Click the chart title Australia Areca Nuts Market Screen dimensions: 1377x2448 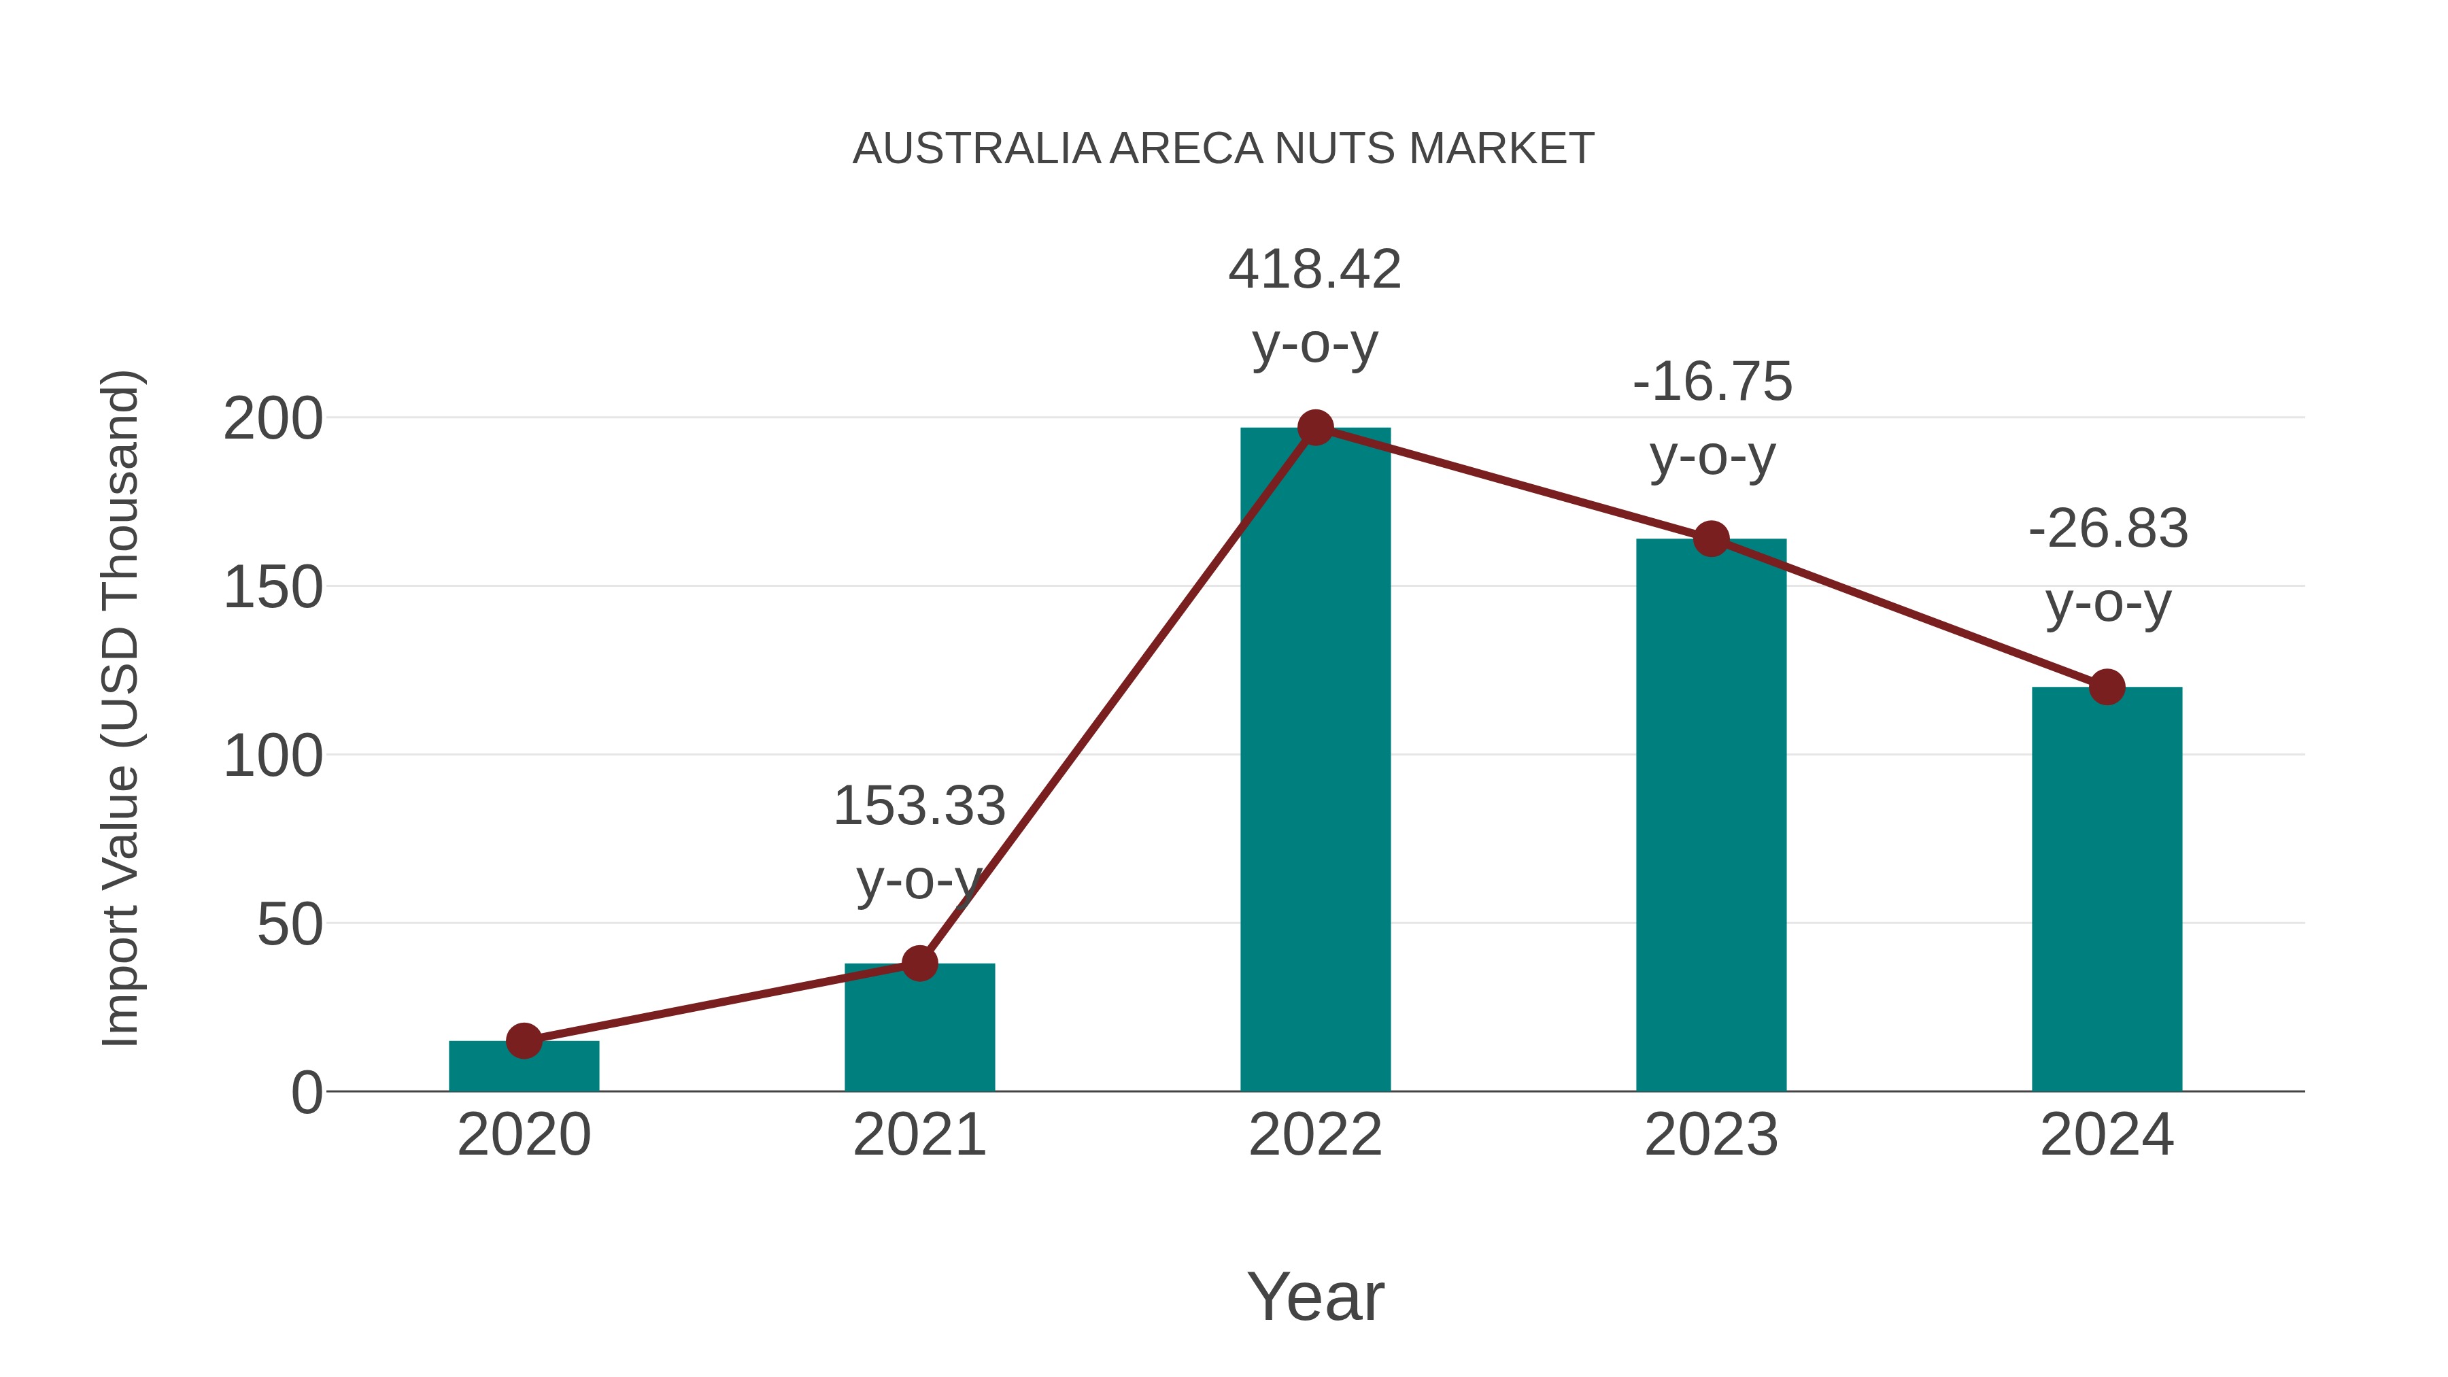pyautogui.click(x=1223, y=149)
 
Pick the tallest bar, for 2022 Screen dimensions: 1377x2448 pyautogui.click(x=1315, y=760)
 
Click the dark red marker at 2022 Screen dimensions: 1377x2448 pyautogui.click(x=1315, y=428)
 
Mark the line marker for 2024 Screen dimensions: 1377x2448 pyautogui.click(x=2107, y=686)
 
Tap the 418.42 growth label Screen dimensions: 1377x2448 pyautogui.click(x=1314, y=270)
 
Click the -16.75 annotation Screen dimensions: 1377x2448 pyautogui.click(x=1712, y=382)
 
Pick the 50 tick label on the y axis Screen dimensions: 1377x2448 pyautogui.click(x=290, y=925)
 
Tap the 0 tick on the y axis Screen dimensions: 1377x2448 pyautogui.click(x=307, y=1093)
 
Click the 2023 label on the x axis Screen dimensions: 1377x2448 pyautogui.click(x=1711, y=1135)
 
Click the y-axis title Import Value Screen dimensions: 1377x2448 pyautogui.click(x=122, y=708)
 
